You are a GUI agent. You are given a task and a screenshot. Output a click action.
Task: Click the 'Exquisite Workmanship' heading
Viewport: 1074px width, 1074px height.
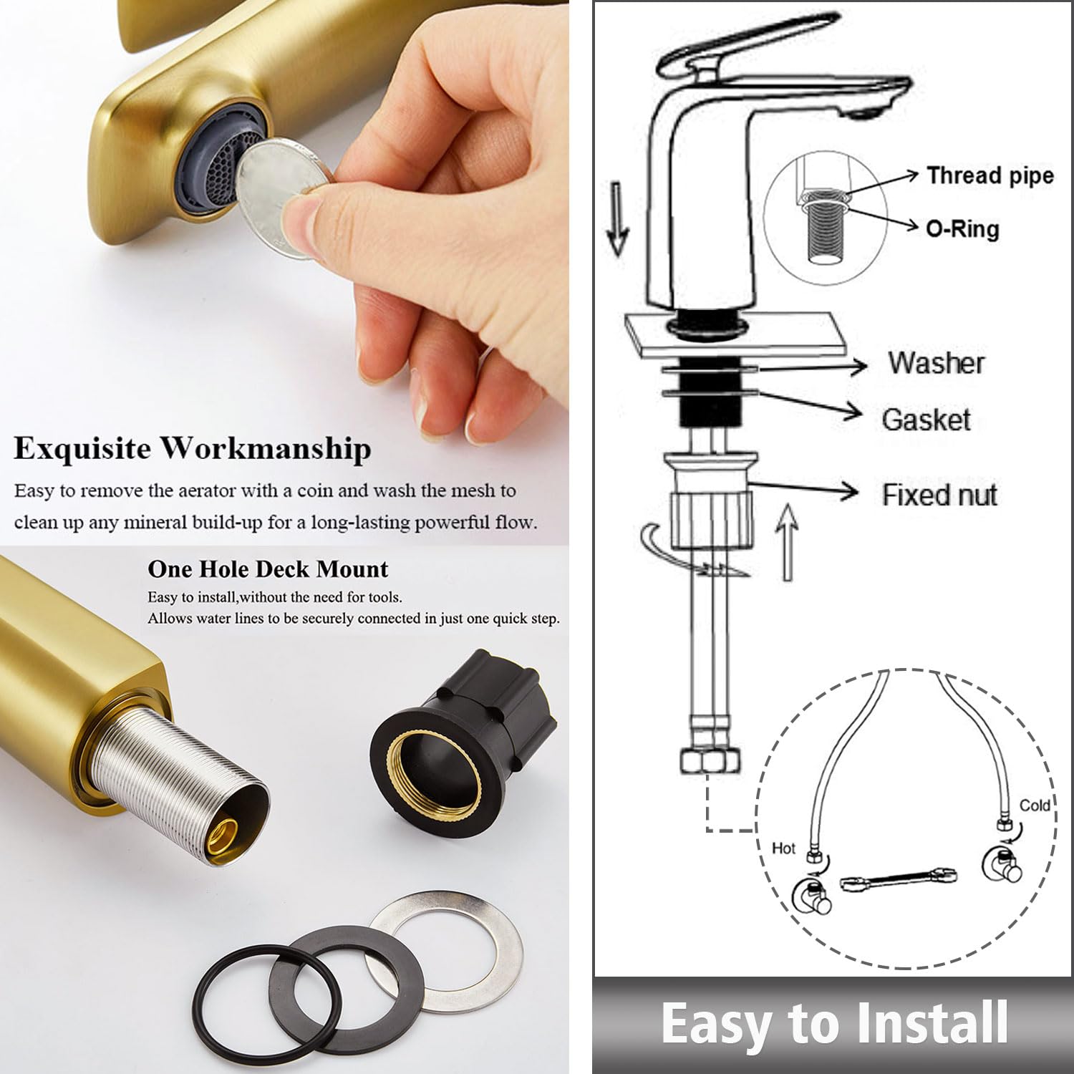tap(193, 449)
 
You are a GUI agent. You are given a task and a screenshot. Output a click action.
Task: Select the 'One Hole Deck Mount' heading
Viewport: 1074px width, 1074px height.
tap(268, 569)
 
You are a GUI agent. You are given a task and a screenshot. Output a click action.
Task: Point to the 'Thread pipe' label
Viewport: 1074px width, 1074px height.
tap(990, 175)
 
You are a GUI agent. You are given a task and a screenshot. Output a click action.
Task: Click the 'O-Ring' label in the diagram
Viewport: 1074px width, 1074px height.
tap(962, 229)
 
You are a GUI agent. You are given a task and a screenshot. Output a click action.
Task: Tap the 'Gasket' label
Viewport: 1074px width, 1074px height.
tap(926, 420)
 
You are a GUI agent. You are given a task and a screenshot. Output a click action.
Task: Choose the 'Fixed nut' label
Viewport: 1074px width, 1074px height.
tap(939, 495)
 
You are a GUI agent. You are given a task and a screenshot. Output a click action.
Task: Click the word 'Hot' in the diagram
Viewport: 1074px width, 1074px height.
tap(783, 848)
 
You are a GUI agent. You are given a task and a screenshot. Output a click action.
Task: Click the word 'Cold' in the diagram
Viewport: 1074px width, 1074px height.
tap(1034, 805)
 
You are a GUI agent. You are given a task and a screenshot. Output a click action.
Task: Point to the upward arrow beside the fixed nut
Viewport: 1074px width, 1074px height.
tap(787, 541)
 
